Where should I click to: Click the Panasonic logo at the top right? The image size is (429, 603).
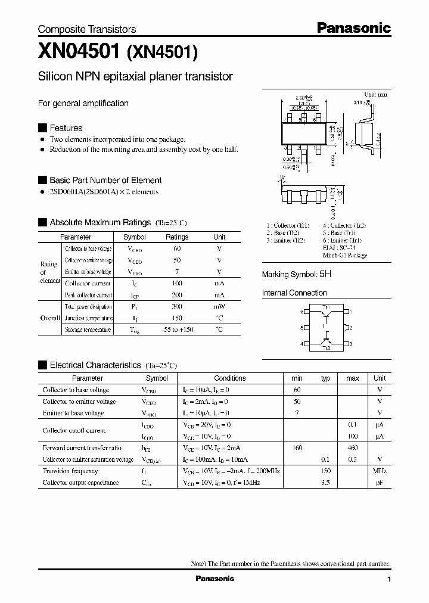pyautogui.click(x=353, y=27)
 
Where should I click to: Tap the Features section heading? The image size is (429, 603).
pyautogui.click(x=66, y=128)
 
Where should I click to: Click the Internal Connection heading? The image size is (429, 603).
pyautogui.click(x=294, y=293)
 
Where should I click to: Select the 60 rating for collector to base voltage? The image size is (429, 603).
pyautogui.click(x=177, y=248)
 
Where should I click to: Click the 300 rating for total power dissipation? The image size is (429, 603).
pyautogui.click(x=177, y=306)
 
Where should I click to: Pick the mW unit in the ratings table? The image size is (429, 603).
pyautogui.click(x=219, y=306)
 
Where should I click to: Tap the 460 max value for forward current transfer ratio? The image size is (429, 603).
pyautogui.click(x=353, y=447)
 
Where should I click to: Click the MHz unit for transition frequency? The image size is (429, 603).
pyautogui.click(x=380, y=471)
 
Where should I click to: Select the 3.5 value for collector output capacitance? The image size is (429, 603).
pyautogui.click(x=325, y=483)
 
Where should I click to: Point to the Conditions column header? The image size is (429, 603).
pyautogui.click(x=229, y=378)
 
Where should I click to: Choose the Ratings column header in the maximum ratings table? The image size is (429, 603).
pyautogui.click(x=177, y=237)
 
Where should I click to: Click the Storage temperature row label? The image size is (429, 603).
pyautogui.click(x=88, y=330)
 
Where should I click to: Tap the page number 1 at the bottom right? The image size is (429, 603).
pyautogui.click(x=389, y=579)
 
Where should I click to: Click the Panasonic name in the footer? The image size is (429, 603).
pyautogui.click(x=214, y=579)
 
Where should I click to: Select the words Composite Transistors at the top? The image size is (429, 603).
pyautogui.click(x=87, y=29)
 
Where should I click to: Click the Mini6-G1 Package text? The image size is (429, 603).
pyautogui.click(x=345, y=255)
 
